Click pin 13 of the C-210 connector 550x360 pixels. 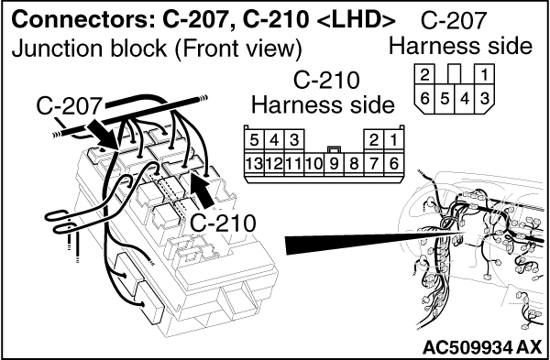coord(254,164)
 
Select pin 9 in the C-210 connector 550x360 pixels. coord(334,164)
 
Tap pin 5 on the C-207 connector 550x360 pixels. coord(445,99)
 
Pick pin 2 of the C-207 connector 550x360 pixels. coord(424,74)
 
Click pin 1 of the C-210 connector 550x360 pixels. coord(393,140)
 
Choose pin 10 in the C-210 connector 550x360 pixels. coord(313,164)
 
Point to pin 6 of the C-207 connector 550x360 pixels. coord(424,99)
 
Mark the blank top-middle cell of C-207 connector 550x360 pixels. coord(455,74)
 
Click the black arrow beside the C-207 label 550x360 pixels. coord(102,135)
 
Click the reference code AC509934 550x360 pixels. coord(467,347)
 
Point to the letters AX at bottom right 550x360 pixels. coord(529,347)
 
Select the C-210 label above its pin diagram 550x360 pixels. coord(326,81)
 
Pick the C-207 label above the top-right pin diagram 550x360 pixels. coord(453,21)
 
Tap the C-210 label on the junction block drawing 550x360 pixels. coord(223,223)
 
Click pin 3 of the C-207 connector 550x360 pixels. coord(485,99)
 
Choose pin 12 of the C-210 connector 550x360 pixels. coord(274,164)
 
